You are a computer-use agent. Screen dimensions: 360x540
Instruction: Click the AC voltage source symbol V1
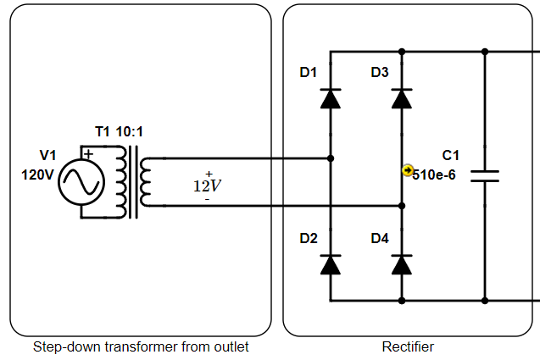81,181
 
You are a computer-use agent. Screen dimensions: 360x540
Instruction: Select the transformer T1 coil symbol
135,181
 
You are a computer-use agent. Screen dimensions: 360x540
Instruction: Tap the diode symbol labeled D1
330,98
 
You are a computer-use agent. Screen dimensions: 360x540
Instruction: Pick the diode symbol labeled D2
330,264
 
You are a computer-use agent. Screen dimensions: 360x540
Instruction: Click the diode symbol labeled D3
401,98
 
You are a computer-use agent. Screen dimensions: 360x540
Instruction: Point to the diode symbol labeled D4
401,264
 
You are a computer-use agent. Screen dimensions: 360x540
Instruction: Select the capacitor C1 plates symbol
485,175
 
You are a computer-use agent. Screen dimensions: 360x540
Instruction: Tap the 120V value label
37,174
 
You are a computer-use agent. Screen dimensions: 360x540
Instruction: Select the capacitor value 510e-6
434,175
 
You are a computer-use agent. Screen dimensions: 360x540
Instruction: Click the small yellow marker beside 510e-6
407,170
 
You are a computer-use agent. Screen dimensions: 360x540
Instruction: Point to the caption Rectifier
408,347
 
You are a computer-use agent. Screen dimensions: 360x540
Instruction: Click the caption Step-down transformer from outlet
141,347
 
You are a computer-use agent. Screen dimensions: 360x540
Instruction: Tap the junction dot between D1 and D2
330,158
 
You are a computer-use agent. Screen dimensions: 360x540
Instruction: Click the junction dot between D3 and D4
401,205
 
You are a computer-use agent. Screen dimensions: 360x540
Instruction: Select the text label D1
308,73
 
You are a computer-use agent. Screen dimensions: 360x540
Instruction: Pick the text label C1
451,155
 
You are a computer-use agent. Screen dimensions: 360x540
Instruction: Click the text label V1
48,155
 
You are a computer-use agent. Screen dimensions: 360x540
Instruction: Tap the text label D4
379,239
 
